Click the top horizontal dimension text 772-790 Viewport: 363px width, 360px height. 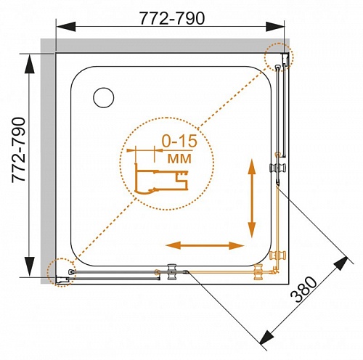pos(172,18)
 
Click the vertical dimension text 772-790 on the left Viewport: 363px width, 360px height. pos(18,150)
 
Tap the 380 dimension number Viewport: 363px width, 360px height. pos(303,290)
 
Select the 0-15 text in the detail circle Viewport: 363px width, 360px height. pos(179,142)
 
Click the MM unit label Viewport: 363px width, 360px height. pos(179,159)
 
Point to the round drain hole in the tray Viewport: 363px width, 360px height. pos(104,97)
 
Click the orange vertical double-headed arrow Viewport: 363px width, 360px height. pos(252,198)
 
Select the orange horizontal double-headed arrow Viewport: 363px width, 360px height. pos(205,245)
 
